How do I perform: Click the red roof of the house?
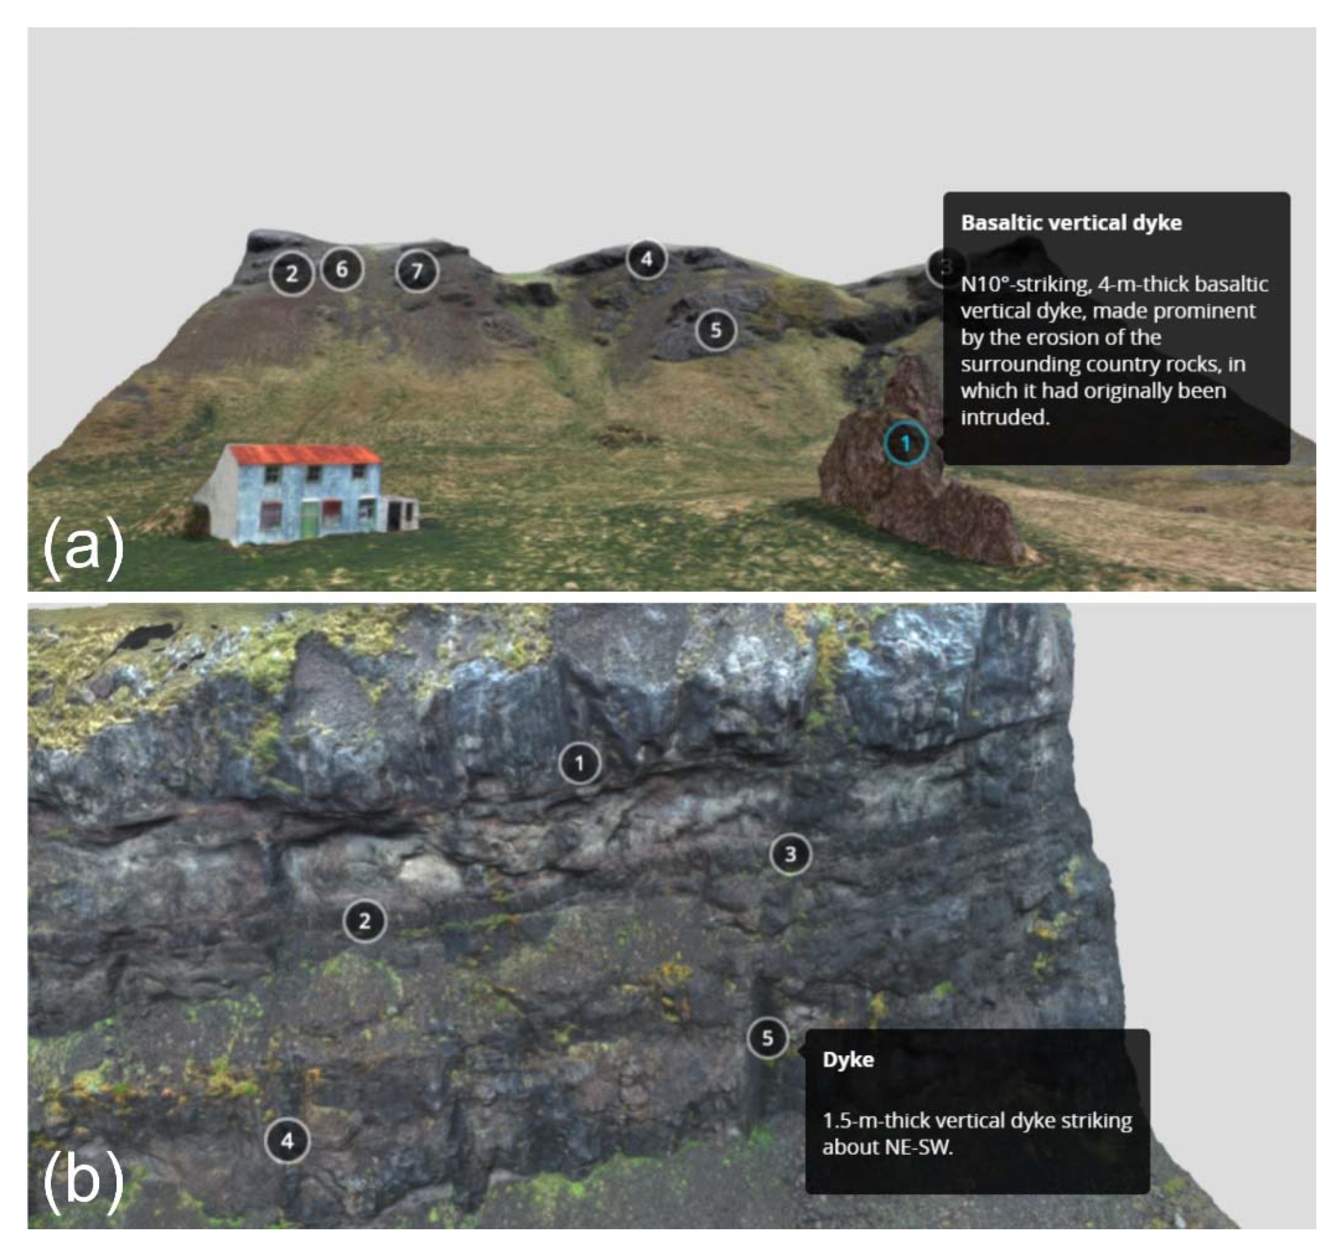pyautogui.click(x=305, y=455)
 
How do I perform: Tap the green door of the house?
pyautogui.click(x=309, y=521)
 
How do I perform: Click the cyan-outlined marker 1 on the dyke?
pyautogui.click(x=906, y=443)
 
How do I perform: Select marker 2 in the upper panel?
pyautogui.click(x=292, y=274)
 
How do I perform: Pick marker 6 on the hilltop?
pyautogui.click(x=342, y=270)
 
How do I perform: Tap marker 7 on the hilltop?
pyautogui.click(x=417, y=271)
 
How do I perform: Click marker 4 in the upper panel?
pyautogui.click(x=646, y=259)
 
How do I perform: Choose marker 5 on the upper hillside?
pyautogui.click(x=716, y=330)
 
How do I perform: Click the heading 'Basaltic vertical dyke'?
pyautogui.click(x=1071, y=223)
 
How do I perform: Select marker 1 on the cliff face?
pyautogui.click(x=579, y=763)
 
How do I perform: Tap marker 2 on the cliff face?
pyautogui.click(x=365, y=921)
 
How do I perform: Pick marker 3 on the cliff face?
pyautogui.click(x=791, y=854)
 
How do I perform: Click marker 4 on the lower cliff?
pyautogui.click(x=288, y=1141)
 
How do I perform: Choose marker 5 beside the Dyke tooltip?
pyautogui.click(x=768, y=1038)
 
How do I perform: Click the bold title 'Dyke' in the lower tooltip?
pyautogui.click(x=848, y=1059)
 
